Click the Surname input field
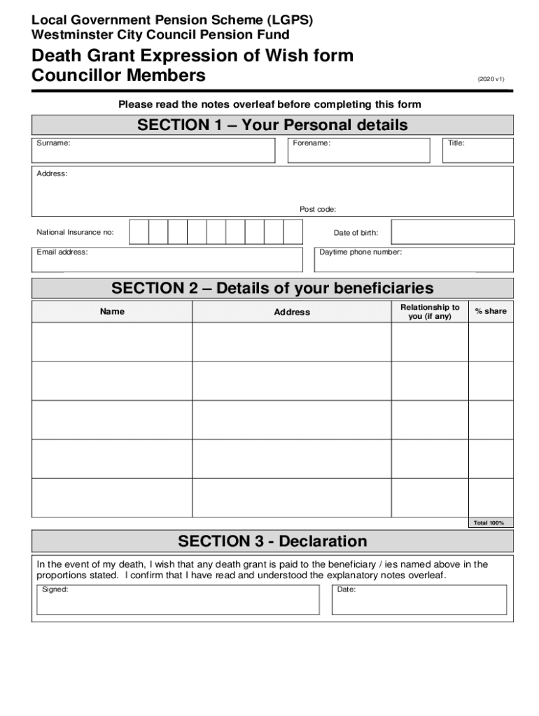154,150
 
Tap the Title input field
479,150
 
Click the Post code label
318,209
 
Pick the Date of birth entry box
452,232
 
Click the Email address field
167,259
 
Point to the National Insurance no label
75,232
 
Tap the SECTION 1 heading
272,125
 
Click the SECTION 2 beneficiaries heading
272,288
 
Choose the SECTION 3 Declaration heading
272,541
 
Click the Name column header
112,312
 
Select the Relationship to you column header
430,312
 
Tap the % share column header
491,311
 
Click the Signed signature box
178,600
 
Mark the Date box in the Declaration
419,600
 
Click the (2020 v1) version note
491,79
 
